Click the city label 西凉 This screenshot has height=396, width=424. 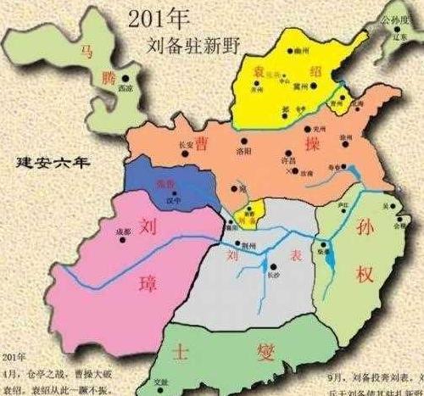(x=126, y=87)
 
